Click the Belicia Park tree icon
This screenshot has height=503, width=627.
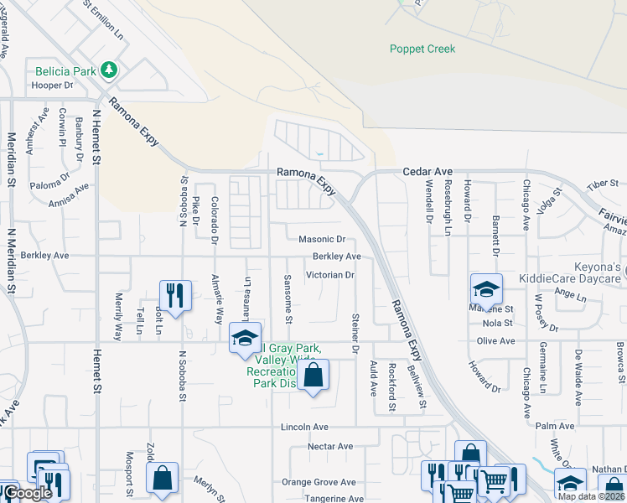[108, 70]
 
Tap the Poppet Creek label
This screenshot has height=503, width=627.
[422, 49]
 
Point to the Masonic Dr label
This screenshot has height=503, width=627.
[322, 240]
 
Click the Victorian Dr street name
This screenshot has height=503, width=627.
[331, 274]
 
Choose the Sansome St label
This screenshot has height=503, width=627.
[288, 298]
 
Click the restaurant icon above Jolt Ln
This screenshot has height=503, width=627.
[175, 296]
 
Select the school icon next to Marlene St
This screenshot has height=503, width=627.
[486, 290]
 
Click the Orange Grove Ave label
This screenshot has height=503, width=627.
[319, 482]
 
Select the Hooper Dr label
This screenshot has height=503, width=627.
[53, 86]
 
